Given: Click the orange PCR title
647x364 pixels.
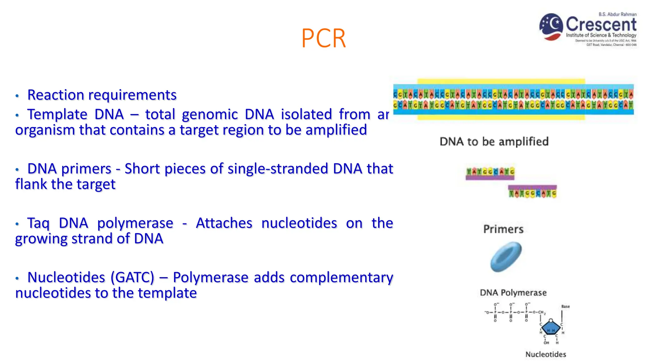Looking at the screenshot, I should point(323,39).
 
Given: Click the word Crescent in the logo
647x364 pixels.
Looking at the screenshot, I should point(601,24).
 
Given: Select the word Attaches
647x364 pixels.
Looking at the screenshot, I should point(224,223).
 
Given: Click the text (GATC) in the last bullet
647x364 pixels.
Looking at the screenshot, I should point(132,277).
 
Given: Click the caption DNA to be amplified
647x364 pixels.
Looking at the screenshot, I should point(494,142).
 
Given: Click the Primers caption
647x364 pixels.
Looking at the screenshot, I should point(503,229).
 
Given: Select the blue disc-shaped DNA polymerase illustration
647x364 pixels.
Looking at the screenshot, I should point(506,257).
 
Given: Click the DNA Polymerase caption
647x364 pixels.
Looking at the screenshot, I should point(513,293).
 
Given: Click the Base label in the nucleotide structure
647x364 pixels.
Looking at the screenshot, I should point(565,306).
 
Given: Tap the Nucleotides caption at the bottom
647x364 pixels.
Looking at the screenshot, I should point(546,354).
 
